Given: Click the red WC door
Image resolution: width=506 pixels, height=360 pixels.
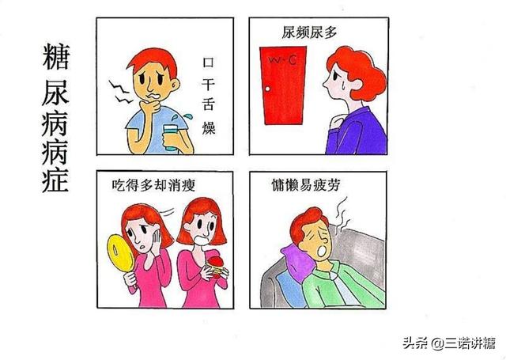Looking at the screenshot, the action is [283, 85].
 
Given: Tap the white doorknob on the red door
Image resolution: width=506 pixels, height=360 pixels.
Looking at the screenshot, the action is [267, 89].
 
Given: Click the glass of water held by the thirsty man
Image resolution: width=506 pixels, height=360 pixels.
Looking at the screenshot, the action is [171, 138].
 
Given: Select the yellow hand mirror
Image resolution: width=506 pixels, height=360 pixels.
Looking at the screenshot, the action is [120, 253].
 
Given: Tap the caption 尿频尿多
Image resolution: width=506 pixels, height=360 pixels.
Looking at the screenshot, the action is [309, 32].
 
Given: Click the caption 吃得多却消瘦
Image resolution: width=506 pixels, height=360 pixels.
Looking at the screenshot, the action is [153, 185].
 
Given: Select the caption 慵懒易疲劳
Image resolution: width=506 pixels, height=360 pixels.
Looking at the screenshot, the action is [306, 185].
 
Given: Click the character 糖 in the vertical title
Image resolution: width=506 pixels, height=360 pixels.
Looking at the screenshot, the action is [55, 57].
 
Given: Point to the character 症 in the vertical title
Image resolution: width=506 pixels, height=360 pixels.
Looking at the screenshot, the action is [55, 179].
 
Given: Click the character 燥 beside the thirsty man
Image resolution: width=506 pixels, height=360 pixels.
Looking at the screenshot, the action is [209, 127].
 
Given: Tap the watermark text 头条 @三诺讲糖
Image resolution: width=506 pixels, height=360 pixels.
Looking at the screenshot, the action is [449, 343].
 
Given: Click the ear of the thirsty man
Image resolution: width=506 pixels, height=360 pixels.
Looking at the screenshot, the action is [176, 85].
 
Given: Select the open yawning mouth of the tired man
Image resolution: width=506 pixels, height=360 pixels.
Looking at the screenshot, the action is [322, 252].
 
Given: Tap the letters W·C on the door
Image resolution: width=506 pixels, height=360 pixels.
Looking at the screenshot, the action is [282, 59].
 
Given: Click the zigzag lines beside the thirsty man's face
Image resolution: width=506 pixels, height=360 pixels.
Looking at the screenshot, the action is [119, 92].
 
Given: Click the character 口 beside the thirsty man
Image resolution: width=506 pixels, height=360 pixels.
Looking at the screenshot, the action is [208, 62].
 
